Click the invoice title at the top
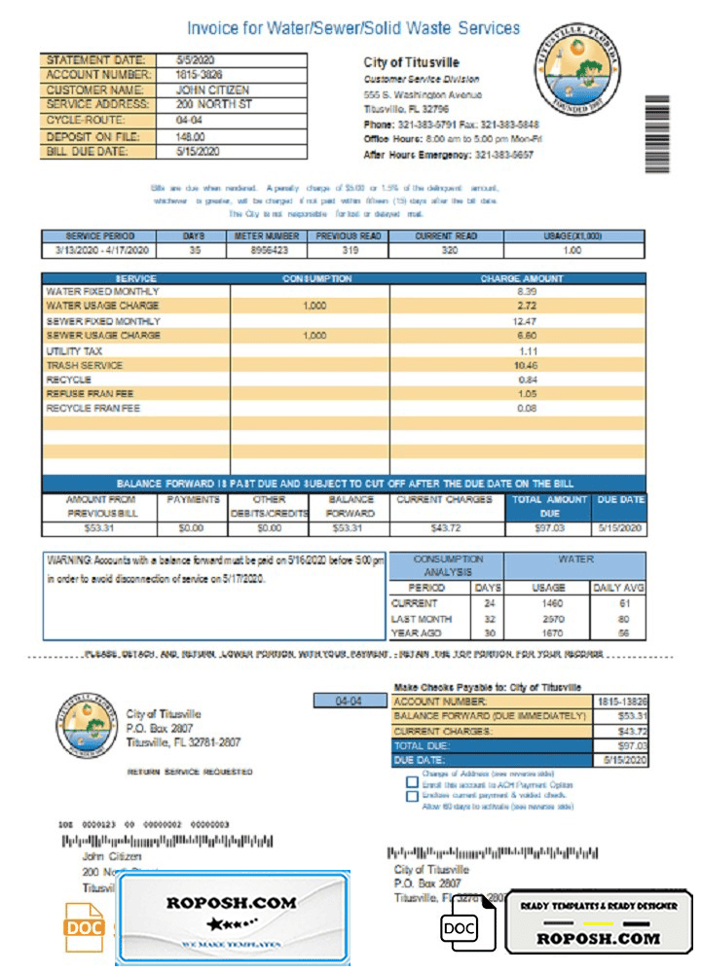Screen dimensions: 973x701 tap(353, 29)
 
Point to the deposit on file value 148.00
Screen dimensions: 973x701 tap(191, 137)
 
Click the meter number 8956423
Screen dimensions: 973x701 tap(265, 250)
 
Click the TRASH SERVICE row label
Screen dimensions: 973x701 tap(85, 365)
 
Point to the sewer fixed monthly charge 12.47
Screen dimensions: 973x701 tap(527, 321)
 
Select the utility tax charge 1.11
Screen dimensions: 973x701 tap(527, 350)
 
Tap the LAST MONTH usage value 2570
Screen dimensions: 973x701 tap(548, 618)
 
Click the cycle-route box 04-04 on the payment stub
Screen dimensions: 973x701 tap(349, 702)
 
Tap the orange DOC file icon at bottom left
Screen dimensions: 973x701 tap(84, 928)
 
